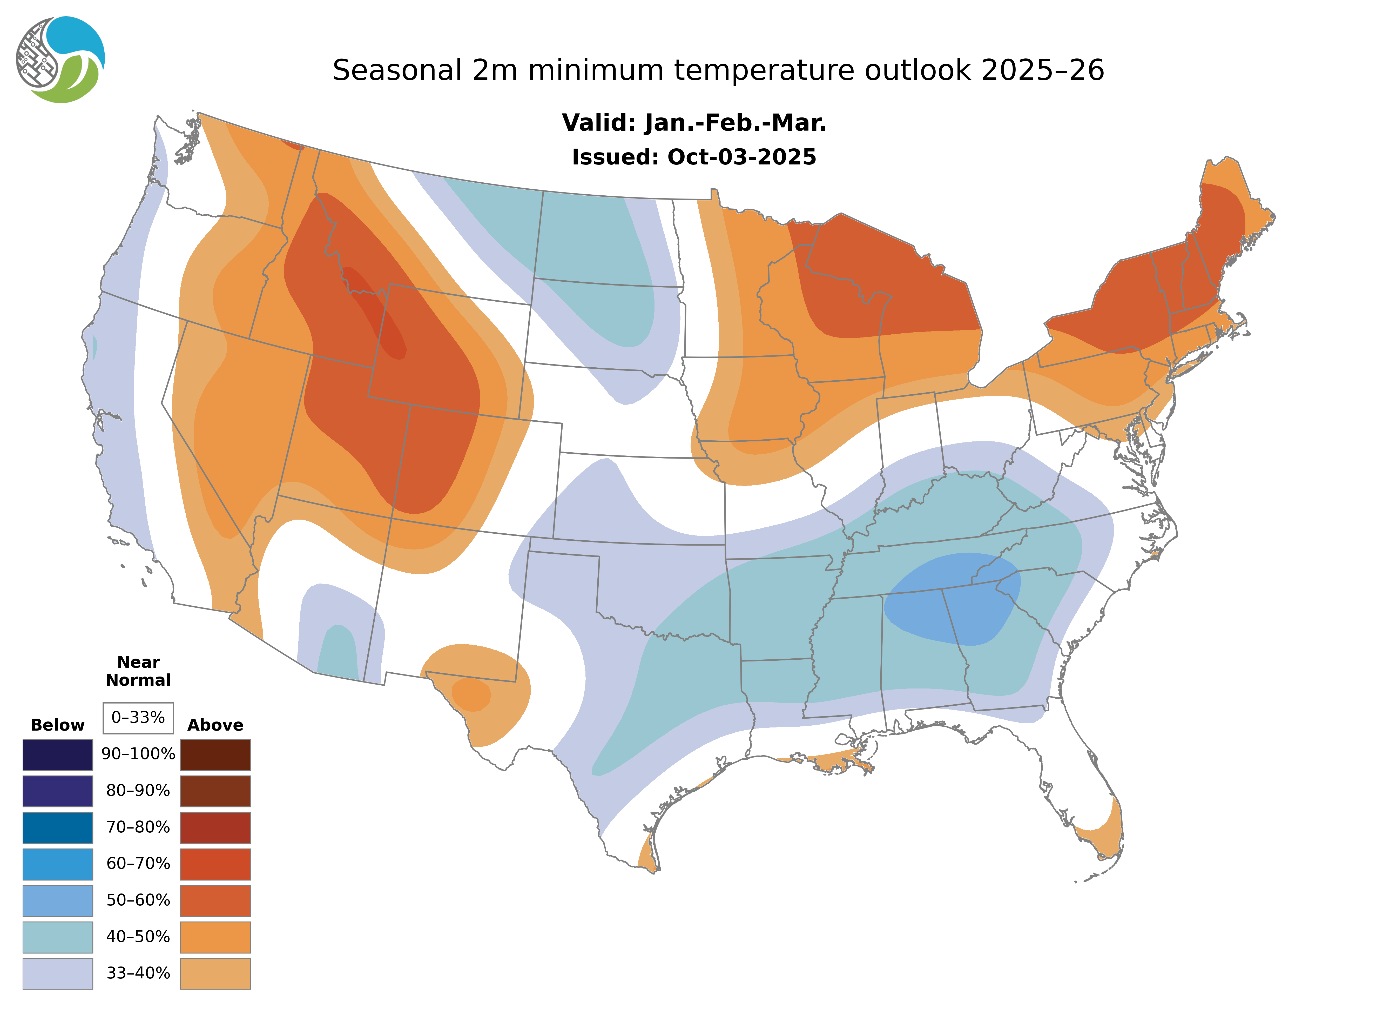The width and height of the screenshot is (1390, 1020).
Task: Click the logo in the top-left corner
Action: pyautogui.click(x=60, y=60)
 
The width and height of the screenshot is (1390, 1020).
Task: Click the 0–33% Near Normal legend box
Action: pyautogui.click(x=138, y=718)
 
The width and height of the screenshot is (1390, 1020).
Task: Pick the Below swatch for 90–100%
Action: pyautogui.click(x=57, y=754)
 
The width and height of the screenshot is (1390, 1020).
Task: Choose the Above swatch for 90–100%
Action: pyautogui.click(x=215, y=754)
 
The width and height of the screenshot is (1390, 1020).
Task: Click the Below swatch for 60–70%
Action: pyautogui.click(x=57, y=864)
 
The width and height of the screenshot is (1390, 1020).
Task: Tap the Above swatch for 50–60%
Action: pyautogui.click(x=215, y=900)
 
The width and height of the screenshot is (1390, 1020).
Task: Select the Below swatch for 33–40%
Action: pyautogui.click(x=57, y=973)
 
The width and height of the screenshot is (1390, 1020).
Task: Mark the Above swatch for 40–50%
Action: pyautogui.click(x=215, y=937)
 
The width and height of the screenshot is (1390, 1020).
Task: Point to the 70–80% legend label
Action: pyautogui.click(x=138, y=827)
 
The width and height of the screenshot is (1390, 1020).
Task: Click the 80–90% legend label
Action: pyautogui.click(x=138, y=791)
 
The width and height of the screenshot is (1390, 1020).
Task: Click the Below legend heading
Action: pyautogui.click(x=57, y=725)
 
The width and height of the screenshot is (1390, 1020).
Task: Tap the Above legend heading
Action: pyautogui.click(x=215, y=725)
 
